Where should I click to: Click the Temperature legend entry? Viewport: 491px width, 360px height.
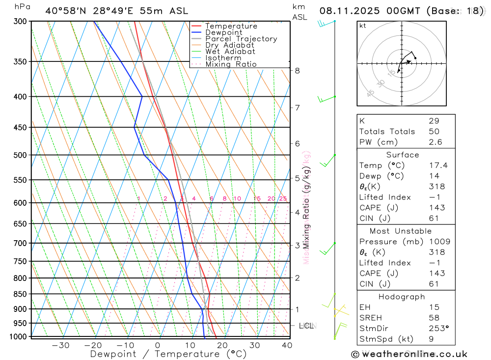[231, 26]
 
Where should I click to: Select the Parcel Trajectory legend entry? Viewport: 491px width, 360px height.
[241, 39]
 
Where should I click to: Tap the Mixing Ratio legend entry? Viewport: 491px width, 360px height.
[231, 64]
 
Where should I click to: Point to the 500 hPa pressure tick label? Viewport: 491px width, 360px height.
[20, 155]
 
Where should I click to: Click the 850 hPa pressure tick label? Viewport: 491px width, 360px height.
[20, 294]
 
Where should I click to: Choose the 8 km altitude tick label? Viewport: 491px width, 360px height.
[297, 71]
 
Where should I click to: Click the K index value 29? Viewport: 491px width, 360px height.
[434, 121]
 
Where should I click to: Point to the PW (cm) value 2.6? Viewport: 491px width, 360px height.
[436, 142]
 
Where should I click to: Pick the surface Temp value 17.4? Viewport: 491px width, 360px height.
[438, 166]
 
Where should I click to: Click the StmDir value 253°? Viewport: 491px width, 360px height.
[438, 328]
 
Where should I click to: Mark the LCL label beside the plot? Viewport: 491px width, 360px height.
[306, 326]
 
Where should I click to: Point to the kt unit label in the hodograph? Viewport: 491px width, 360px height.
[362, 26]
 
